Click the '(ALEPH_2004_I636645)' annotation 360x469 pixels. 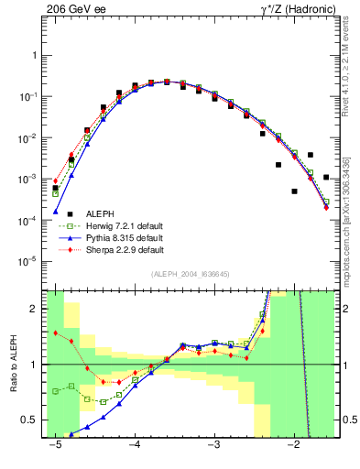pyautogui.click(x=191, y=274)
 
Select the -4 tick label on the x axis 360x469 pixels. pyautogui.click(x=134, y=444)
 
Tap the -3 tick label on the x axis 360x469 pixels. pyautogui.click(x=213, y=444)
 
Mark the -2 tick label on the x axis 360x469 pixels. pyautogui.click(x=293, y=444)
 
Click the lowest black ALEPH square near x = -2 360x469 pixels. pyautogui.click(x=294, y=191)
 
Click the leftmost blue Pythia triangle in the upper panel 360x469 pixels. pyautogui.click(x=55, y=212)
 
